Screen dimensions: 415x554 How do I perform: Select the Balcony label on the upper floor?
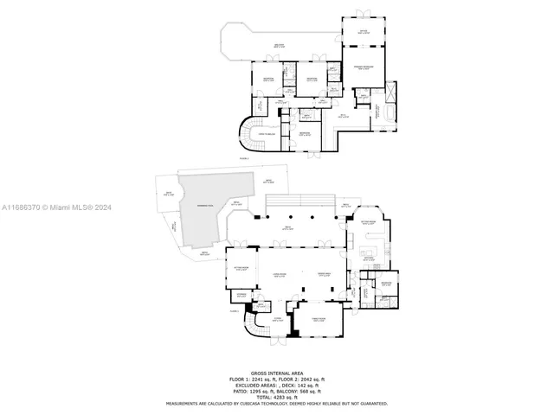click(279, 46)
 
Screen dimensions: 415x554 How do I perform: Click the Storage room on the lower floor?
click(242, 296)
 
